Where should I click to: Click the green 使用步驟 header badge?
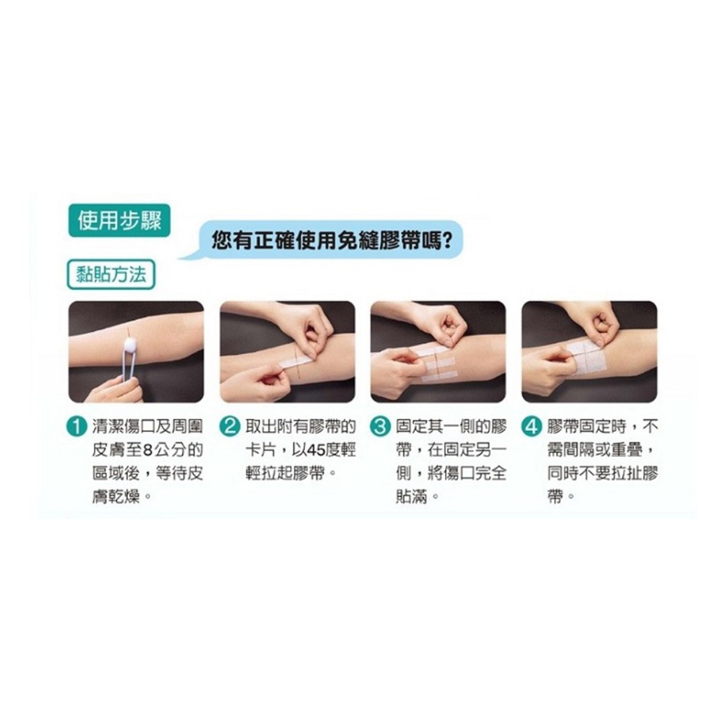[119, 221]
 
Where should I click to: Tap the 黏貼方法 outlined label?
[111, 274]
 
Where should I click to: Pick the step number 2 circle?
[229, 427]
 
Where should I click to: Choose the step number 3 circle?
[380, 427]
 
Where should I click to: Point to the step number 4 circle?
[532, 427]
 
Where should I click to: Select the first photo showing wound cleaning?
[136, 351]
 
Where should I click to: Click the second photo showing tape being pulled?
[287, 351]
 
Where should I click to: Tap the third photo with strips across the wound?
[439, 351]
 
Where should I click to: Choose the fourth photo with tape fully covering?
[590, 351]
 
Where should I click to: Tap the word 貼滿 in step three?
[412, 497]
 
